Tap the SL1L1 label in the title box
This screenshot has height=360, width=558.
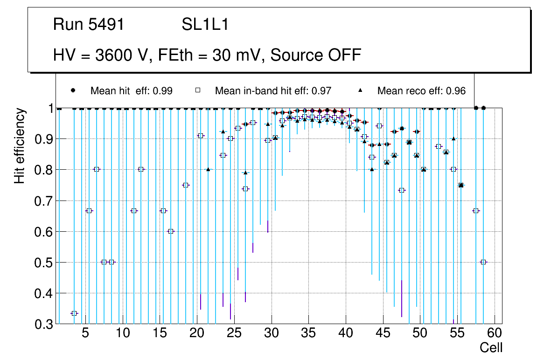pos(205,25)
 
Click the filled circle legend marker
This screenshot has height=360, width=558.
pos(73,90)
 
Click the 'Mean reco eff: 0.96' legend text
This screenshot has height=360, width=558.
pos(421,91)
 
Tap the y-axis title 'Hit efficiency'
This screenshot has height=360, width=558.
pos(20,146)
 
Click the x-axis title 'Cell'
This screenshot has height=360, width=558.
pos(491,347)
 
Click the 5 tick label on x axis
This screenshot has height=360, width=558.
pos(85,334)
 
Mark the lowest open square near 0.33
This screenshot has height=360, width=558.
pos(74,313)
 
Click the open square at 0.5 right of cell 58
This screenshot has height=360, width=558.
pos(483,262)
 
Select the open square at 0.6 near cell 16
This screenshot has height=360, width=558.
pos(171,231)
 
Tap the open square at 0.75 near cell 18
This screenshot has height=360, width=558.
pos(186,185)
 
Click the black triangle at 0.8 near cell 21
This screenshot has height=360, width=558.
pos(208,169)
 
